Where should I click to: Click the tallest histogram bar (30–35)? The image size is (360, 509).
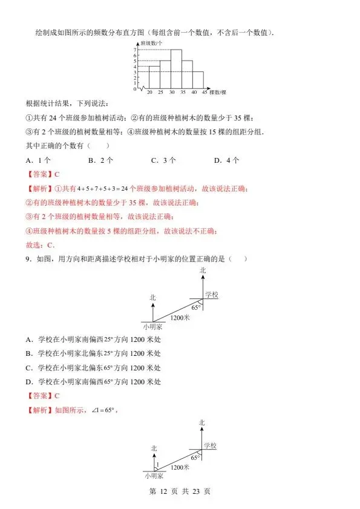click(x=177, y=69)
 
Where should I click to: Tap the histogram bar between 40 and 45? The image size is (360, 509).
click(x=199, y=81)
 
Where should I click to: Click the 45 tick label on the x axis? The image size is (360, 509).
click(x=205, y=93)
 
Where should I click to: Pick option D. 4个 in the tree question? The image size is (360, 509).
click(x=227, y=160)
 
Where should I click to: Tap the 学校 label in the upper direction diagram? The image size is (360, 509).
click(x=211, y=294)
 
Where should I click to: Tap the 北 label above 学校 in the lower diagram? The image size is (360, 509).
click(x=202, y=422)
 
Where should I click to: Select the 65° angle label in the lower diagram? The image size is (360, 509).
click(x=195, y=458)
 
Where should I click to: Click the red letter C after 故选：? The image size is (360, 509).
click(x=51, y=245)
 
